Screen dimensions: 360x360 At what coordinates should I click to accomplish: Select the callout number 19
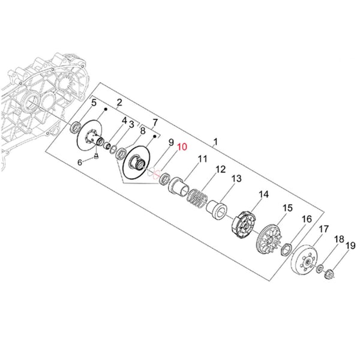(x=350, y=245)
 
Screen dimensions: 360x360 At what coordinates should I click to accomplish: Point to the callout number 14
(x=263, y=194)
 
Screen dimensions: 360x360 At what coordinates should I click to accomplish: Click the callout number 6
(x=79, y=162)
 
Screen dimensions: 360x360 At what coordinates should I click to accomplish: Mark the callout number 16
(x=307, y=219)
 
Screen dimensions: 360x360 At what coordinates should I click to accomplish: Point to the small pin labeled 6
(x=94, y=157)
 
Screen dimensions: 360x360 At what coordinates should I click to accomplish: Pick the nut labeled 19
(x=329, y=275)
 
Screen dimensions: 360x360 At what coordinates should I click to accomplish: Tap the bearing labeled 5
(x=76, y=127)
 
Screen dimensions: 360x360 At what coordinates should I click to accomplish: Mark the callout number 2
(x=119, y=103)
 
